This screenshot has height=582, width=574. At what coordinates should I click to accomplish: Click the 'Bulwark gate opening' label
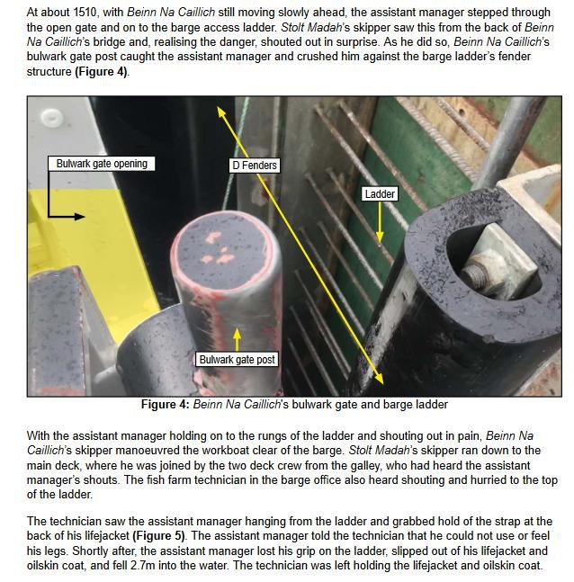point(102,164)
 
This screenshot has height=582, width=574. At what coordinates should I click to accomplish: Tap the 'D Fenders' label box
point(255,166)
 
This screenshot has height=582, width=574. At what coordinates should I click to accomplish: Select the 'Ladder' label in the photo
point(380,193)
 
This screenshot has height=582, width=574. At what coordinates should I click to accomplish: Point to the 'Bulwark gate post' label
point(237,359)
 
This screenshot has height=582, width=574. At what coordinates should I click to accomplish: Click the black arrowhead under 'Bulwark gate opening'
point(79,217)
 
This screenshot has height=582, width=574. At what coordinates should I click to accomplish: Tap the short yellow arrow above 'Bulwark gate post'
point(237,338)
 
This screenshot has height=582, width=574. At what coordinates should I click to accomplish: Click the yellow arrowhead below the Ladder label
point(380,237)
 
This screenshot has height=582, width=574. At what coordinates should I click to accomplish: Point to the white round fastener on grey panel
point(51,118)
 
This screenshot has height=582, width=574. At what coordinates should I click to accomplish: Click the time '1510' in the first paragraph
point(85,13)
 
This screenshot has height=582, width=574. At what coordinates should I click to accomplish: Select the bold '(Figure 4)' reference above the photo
point(101,71)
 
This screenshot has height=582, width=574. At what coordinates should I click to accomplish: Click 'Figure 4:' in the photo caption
point(165,404)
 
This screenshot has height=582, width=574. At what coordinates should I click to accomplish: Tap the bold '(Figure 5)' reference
point(158,535)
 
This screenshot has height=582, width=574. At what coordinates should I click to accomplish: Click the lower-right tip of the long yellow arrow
point(383,384)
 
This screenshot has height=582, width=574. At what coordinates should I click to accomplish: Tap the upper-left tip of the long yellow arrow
point(218,107)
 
